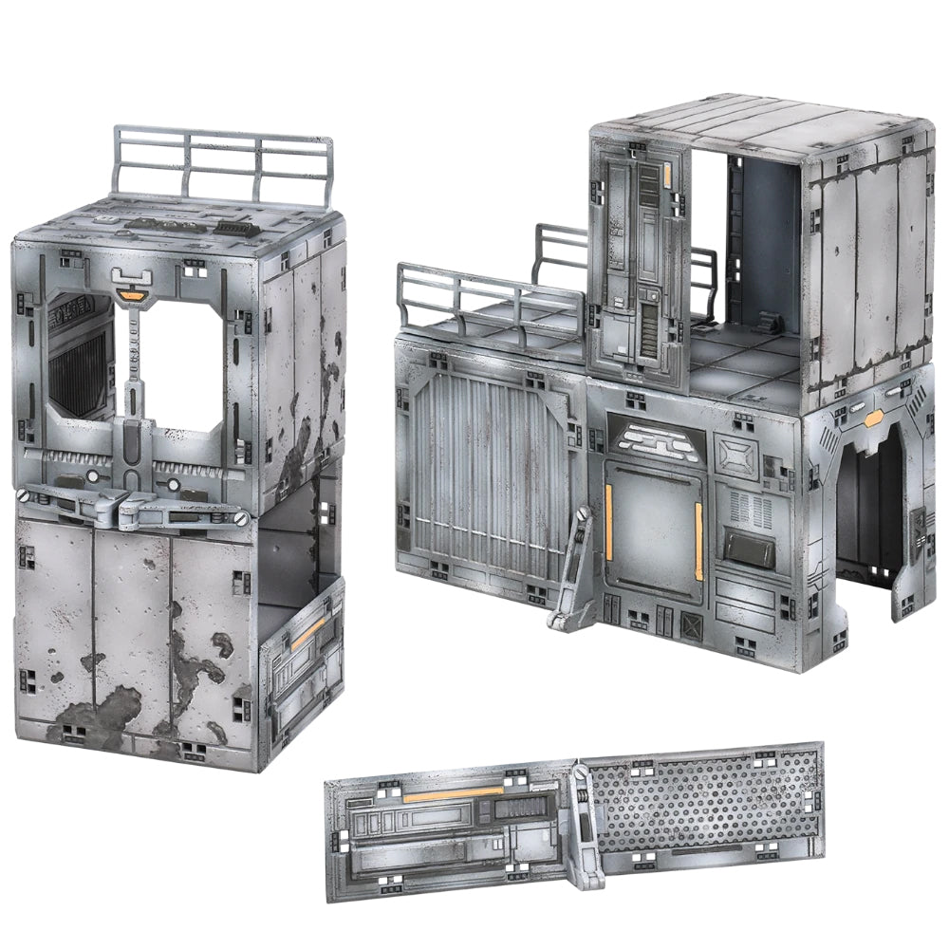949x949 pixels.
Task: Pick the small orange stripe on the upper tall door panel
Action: click(x=667, y=175)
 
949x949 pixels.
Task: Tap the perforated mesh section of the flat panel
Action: click(x=702, y=802)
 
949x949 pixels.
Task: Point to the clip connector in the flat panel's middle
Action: click(x=583, y=826)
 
